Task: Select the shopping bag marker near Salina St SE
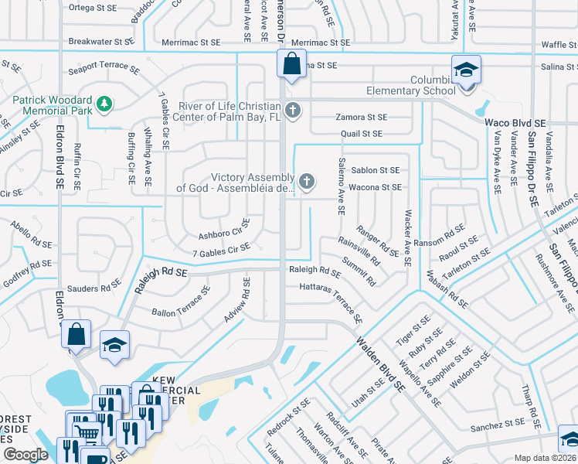click(x=292, y=65)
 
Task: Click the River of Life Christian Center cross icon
click(x=292, y=111)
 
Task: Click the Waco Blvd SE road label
click(x=515, y=123)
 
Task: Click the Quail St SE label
click(x=362, y=134)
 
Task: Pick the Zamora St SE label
click(x=361, y=118)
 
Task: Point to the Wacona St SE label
click(x=375, y=187)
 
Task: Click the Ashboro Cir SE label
click(x=225, y=229)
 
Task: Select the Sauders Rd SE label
click(x=94, y=288)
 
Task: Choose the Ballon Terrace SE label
click(x=181, y=306)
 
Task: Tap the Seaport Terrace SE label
click(x=104, y=68)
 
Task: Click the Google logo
click(x=25, y=454)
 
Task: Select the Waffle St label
click(x=557, y=45)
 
